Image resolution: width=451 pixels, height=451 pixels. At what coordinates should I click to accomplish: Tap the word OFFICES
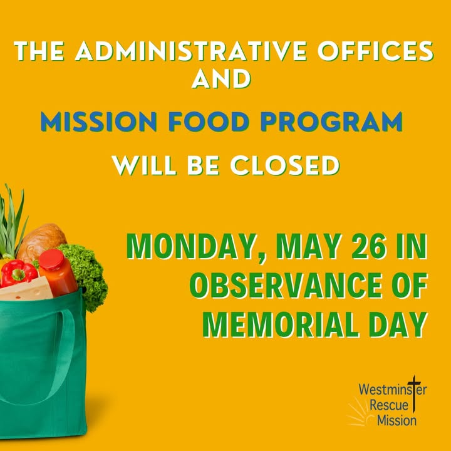[x=375, y=51]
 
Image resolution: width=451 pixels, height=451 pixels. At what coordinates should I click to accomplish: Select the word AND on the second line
[x=221, y=78]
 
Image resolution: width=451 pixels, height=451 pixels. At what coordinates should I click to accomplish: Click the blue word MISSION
[x=99, y=122]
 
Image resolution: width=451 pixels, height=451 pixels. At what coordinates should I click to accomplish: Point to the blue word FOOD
[x=209, y=122]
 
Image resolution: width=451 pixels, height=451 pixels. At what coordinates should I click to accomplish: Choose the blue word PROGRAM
[x=331, y=122]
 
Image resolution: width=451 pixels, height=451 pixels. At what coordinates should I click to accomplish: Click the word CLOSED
[x=285, y=165]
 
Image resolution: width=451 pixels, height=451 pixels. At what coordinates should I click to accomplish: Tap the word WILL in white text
[x=144, y=165]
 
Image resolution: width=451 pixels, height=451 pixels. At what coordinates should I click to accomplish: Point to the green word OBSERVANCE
[x=284, y=286]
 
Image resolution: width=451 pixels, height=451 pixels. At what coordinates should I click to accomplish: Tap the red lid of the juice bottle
[x=52, y=259]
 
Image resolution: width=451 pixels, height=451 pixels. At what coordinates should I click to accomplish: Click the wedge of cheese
[x=26, y=289]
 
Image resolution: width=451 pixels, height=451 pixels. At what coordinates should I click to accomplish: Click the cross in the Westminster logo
[x=414, y=393]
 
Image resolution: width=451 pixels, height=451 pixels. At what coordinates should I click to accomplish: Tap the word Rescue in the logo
[x=389, y=405]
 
